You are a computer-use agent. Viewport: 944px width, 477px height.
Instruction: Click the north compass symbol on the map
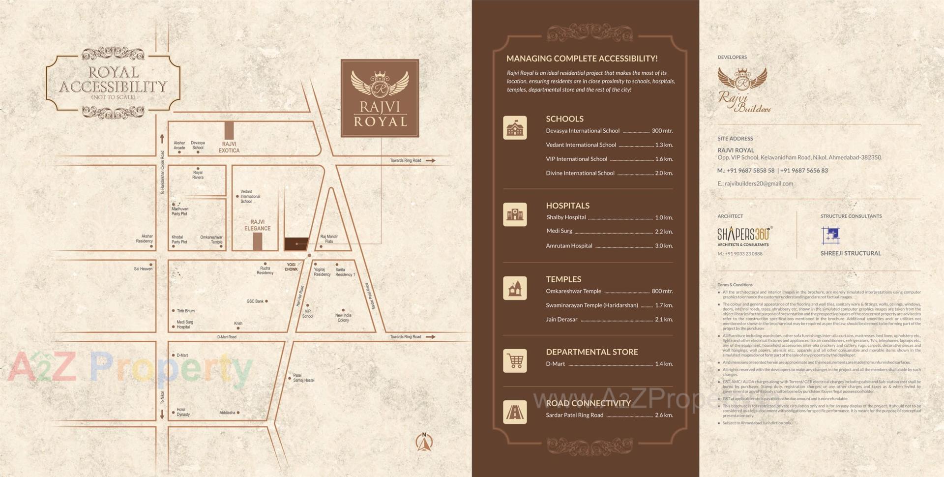(x=424, y=442)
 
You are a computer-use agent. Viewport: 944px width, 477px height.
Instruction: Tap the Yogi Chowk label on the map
(x=291, y=267)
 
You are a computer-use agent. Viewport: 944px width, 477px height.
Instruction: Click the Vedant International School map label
(x=250, y=196)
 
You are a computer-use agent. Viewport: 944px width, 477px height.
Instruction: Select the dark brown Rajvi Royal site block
(x=296, y=244)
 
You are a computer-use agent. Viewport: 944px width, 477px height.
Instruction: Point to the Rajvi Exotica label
(x=229, y=147)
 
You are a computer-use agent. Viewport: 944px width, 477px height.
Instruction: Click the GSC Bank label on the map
(x=255, y=301)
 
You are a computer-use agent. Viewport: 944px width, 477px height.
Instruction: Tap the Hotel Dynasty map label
(x=183, y=412)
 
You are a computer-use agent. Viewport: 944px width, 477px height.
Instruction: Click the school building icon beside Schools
(x=515, y=128)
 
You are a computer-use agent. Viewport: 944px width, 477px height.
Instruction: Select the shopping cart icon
(x=515, y=361)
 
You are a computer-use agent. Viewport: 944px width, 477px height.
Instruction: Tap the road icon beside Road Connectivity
(x=515, y=412)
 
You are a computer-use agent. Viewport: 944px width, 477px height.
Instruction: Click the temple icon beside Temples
(x=515, y=288)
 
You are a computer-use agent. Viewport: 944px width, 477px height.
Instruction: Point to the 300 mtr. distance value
(x=662, y=131)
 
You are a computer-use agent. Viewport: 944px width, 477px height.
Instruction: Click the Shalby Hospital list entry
(x=566, y=217)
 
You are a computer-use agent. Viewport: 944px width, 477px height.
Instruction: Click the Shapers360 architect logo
(x=744, y=236)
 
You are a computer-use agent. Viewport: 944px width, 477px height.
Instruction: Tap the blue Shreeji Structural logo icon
(x=830, y=236)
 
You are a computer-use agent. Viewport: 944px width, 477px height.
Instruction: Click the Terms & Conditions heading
(x=735, y=285)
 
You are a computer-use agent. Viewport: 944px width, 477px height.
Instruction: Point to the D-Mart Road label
(x=227, y=337)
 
